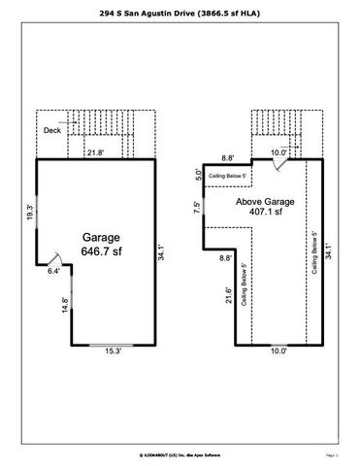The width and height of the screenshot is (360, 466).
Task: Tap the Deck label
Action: pos(52,130)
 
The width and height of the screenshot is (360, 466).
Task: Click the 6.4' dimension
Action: pos(54,271)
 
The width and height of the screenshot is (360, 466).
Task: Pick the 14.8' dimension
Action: pos(65,304)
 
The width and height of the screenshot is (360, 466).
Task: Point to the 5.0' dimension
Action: pos(199,176)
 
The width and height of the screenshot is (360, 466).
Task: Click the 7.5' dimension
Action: pos(197,208)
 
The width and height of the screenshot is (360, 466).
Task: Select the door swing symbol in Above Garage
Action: pos(278,165)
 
